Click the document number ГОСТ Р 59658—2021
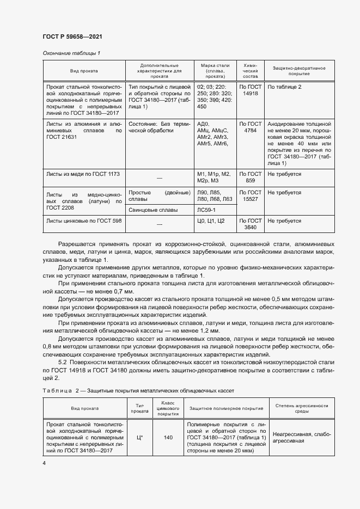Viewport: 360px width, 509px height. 72,36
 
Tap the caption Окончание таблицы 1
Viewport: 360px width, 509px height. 72,53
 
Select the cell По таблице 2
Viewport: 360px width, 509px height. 284,87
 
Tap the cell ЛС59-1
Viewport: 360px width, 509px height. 206,210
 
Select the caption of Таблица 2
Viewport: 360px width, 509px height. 138,391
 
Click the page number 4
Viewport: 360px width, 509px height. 44,463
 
